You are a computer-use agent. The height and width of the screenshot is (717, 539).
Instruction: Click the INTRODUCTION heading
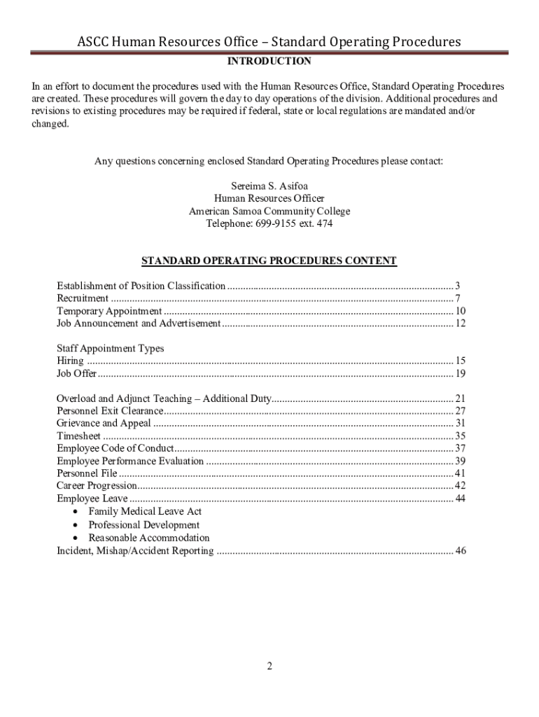pos(269,62)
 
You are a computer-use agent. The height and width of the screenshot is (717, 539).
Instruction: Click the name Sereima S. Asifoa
pos(269,186)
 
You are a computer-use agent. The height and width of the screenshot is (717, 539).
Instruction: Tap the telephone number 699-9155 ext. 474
pos(269,224)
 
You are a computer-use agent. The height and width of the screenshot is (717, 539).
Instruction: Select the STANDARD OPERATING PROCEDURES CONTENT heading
pos(269,261)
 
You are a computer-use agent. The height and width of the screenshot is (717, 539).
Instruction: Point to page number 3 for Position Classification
pos(457,286)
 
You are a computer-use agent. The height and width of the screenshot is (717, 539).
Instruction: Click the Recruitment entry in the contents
pos(83,298)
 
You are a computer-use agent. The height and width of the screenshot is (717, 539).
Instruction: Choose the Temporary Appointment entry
pos(109,311)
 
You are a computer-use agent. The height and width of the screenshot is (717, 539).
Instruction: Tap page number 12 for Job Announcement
pos(460,323)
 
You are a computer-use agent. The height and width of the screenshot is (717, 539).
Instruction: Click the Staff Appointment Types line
pos(110,348)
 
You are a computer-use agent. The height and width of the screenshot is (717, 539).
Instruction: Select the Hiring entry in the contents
pos(70,361)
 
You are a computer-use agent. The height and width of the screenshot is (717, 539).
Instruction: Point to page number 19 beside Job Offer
pos(460,373)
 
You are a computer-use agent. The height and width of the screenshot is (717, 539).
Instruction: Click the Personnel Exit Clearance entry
pos(110,411)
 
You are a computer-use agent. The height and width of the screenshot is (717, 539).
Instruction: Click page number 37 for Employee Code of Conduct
pos(460,448)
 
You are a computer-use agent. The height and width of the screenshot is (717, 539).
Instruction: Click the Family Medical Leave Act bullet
pos(145,512)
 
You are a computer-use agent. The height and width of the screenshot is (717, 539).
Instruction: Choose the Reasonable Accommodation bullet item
pos(148,538)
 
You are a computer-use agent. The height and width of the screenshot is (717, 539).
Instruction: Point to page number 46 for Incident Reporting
pos(460,551)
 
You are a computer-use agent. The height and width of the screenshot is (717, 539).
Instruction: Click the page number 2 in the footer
pos(269,666)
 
